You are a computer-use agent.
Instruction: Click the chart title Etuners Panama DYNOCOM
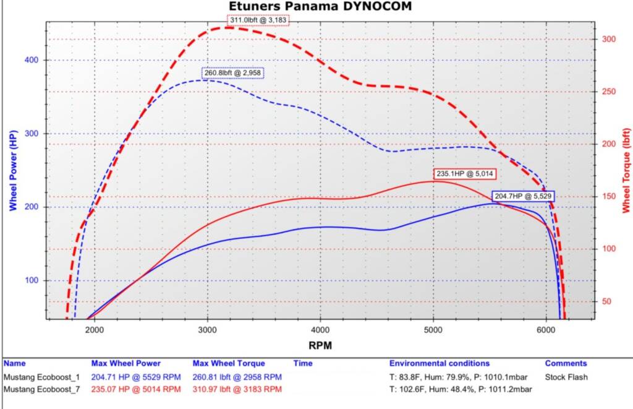(x=320, y=7)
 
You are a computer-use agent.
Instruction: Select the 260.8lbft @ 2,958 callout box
(x=233, y=73)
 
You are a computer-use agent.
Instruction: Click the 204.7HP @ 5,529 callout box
(x=522, y=196)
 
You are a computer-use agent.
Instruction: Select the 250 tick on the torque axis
(x=609, y=92)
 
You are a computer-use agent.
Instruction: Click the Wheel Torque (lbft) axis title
(x=626, y=170)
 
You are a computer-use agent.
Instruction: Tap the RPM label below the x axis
(x=320, y=345)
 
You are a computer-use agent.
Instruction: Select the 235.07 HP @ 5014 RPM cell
(x=136, y=389)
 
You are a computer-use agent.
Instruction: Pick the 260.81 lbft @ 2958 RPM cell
(x=237, y=377)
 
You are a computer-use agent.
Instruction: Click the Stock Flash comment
(x=566, y=377)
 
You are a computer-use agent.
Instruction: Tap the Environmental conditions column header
(x=439, y=363)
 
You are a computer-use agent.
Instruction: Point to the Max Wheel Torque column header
(x=229, y=363)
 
